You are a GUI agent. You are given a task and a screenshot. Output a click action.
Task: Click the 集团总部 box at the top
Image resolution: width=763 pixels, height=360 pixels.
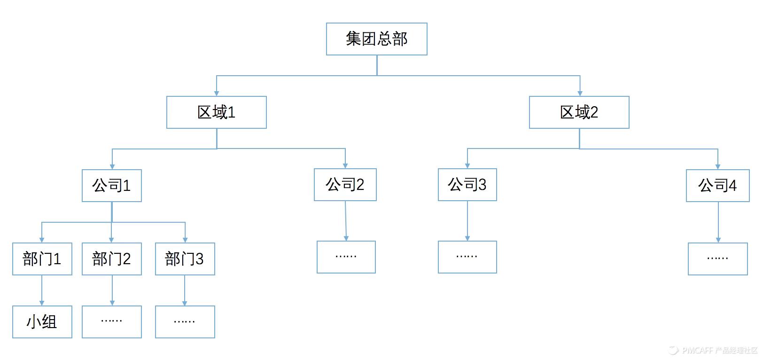pos(376,39)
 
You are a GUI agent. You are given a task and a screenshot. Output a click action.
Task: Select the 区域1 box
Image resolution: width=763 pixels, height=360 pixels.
pos(216,112)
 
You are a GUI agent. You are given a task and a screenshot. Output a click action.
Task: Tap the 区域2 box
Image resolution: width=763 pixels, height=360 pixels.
pos(579,112)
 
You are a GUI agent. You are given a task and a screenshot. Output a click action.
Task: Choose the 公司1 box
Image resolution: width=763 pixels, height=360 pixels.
pos(111,186)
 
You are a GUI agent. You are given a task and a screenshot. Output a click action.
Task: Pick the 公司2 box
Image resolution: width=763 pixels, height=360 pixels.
pos(345,185)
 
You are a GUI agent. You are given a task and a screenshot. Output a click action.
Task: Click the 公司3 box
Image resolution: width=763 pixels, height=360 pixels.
pos(467,185)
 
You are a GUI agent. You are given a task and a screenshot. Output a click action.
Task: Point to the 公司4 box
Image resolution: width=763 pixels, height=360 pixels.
pos(717,186)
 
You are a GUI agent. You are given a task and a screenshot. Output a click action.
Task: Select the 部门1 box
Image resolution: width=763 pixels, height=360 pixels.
pos(42,259)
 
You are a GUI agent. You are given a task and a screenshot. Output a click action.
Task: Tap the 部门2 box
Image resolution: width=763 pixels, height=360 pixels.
pos(111,259)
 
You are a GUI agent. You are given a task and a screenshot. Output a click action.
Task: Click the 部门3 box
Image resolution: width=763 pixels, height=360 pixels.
pos(185,259)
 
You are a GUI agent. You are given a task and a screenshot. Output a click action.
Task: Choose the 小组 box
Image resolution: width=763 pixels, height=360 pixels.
pos(42,322)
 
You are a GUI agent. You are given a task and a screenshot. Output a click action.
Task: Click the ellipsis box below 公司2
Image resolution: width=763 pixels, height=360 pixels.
pos(346,257)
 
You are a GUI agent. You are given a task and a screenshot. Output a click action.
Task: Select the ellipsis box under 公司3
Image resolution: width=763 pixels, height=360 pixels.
pos(467,257)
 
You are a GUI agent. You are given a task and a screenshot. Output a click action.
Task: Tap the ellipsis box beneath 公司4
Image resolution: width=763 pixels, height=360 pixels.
pos(717,259)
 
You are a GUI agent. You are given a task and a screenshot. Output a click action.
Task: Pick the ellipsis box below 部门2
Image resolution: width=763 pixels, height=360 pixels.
pos(111,322)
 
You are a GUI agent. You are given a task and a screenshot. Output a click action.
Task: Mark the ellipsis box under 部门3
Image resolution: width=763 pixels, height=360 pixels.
pos(185,322)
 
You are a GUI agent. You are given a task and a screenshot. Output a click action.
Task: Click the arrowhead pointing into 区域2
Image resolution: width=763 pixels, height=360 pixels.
pos(580,93)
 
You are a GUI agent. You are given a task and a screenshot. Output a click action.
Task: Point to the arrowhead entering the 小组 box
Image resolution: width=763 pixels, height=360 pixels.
pos(42,303)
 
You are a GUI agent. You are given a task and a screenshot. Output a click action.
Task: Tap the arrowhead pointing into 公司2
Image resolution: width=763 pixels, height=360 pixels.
pos(345,165)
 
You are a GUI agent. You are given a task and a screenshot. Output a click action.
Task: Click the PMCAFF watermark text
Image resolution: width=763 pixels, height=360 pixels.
pos(719,350)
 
